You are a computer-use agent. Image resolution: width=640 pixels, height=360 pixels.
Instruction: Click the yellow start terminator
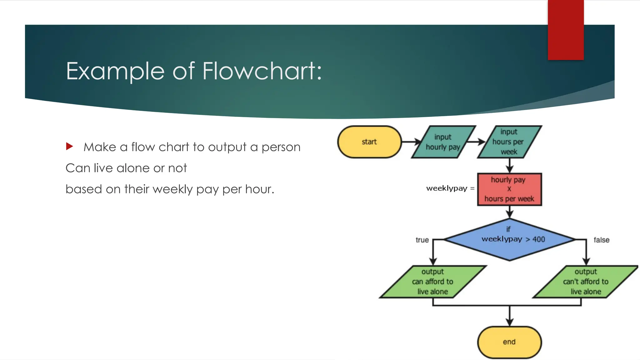coord(369,142)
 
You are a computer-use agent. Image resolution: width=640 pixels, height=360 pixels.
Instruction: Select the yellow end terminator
coord(509,342)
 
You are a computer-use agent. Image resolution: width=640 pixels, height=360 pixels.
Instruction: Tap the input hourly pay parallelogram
coord(443,142)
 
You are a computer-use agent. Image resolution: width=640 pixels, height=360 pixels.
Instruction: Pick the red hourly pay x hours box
coord(509,189)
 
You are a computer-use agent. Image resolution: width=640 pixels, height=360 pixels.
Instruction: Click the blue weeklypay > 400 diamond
coord(509,240)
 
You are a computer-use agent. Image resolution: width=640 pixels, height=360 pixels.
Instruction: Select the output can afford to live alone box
coord(433,282)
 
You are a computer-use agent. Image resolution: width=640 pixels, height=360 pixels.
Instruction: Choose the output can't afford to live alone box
coord(586,282)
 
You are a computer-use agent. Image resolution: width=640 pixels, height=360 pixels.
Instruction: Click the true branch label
coord(422,240)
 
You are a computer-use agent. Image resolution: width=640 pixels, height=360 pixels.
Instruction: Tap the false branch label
coord(601,240)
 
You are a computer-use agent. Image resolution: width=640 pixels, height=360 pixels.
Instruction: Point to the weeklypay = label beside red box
coord(450,188)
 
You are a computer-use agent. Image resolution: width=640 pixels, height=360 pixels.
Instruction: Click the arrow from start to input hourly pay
coord(411,142)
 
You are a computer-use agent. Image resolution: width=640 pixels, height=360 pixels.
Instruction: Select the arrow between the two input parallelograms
coord(476,142)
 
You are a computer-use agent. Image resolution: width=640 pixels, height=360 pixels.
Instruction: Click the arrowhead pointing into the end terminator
coord(510,322)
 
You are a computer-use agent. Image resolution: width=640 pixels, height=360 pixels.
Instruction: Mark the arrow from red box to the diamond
coord(510,212)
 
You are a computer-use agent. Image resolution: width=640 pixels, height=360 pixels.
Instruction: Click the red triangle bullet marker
coord(69,146)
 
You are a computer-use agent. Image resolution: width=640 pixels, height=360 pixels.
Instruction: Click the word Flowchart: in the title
coord(262,71)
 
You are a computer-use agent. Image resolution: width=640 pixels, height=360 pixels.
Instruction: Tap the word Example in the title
coord(115,71)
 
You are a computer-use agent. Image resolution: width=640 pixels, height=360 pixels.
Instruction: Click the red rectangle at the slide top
coord(566,30)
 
